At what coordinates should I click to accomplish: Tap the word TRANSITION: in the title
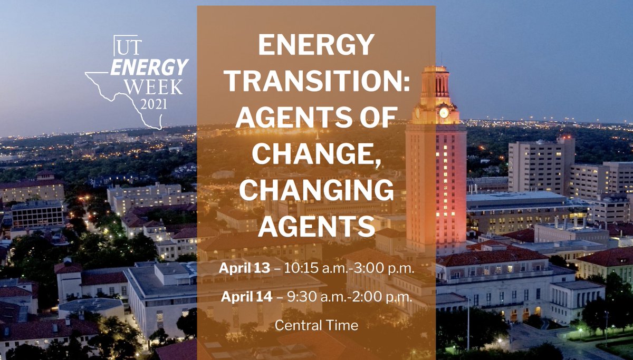316,83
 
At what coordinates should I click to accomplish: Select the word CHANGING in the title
316,190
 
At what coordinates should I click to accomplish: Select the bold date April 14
247,296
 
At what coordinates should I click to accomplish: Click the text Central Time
316,325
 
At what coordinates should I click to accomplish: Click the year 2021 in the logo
154,103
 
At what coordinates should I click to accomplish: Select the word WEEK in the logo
157,86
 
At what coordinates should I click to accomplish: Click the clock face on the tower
444,112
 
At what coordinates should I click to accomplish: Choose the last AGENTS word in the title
316,226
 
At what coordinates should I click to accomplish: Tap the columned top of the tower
436,84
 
